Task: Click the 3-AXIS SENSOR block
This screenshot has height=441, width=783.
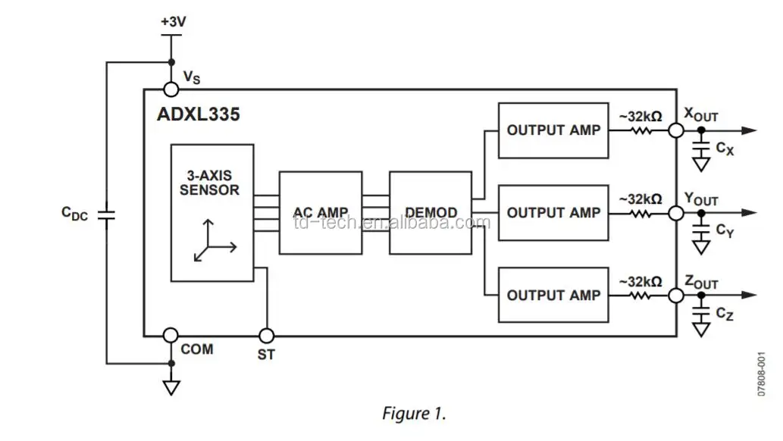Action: tap(212, 212)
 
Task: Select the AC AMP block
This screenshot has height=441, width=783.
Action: tap(320, 212)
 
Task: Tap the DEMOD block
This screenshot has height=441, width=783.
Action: tap(430, 212)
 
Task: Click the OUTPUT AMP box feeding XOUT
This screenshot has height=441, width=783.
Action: tap(553, 130)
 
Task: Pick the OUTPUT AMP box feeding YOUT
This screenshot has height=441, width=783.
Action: tap(553, 213)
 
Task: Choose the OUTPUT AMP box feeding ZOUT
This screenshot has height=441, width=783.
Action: tap(553, 295)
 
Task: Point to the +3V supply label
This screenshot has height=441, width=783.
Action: tap(173, 22)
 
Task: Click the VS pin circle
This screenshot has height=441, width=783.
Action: tap(171, 90)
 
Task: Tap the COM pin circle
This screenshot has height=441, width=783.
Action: tap(171, 335)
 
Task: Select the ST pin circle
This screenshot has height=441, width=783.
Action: tap(267, 335)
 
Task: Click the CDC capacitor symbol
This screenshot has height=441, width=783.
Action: tap(107, 214)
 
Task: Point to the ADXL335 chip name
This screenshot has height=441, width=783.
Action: tap(199, 114)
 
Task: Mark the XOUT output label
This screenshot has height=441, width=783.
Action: tap(701, 115)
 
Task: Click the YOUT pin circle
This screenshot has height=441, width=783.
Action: tap(675, 214)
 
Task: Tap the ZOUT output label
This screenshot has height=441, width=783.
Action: tap(701, 282)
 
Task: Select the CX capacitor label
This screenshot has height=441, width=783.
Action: tap(725, 148)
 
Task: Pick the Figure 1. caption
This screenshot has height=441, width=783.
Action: tap(414, 414)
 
